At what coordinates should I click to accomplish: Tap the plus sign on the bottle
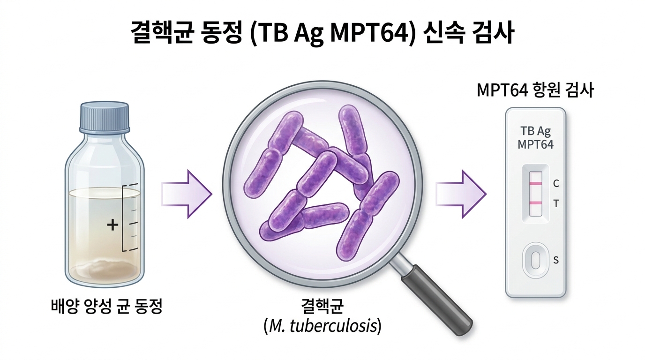[x=112, y=225]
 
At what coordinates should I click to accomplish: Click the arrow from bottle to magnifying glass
[x=187, y=194]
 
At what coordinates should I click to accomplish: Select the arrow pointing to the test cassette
[x=461, y=194]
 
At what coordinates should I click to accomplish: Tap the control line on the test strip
[x=535, y=183]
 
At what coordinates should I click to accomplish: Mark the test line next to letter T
[x=535, y=203]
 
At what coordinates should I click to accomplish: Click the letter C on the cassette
[x=556, y=183]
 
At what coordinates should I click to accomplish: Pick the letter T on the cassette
[x=556, y=203]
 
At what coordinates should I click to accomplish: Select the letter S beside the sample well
[x=556, y=260]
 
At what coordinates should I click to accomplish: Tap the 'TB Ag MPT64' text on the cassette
[x=536, y=138]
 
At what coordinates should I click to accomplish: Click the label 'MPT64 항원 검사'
[x=535, y=90]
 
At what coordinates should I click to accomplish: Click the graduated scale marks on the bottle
[x=129, y=217]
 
